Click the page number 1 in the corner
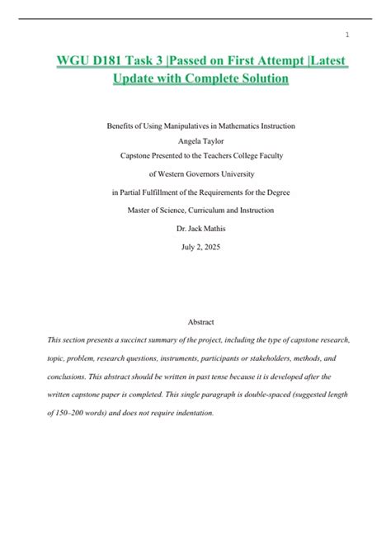point(347,35)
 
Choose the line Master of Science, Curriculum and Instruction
point(195,211)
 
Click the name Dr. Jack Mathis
point(195,229)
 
